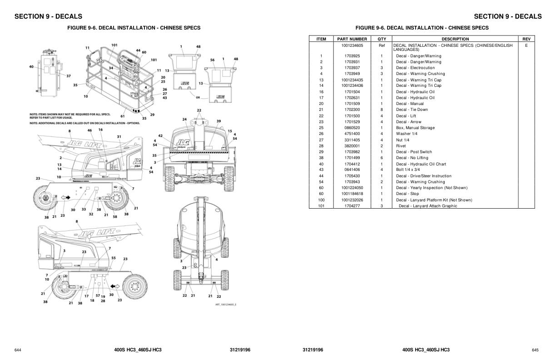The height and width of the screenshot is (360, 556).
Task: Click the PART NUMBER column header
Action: coord(352,39)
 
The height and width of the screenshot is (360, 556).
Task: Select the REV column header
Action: coord(526,39)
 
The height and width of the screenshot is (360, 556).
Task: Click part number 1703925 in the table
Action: coord(352,56)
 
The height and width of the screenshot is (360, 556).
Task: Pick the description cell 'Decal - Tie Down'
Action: coord(412,110)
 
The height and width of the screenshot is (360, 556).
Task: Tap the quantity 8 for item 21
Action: coord(382,110)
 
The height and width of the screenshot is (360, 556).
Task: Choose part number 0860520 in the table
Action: coord(352,128)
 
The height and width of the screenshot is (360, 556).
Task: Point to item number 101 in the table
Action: coord(321,206)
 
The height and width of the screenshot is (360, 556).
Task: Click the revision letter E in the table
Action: coord(526,45)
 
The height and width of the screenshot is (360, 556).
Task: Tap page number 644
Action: coord(18,350)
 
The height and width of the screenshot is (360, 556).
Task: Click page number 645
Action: coord(535,350)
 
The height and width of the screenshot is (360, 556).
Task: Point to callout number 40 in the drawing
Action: coord(31,67)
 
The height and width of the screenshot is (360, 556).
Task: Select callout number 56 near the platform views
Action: coord(212,60)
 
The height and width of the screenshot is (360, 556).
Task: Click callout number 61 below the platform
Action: coord(122,116)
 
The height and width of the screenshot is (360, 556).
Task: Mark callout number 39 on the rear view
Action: coord(218,121)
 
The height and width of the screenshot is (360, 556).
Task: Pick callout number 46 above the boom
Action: coord(89,130)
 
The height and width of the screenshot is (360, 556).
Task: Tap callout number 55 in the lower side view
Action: coord(114,258)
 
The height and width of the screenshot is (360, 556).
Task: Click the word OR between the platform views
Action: coord(198,97)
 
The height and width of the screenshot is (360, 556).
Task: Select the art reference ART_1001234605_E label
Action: coord(226,305)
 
